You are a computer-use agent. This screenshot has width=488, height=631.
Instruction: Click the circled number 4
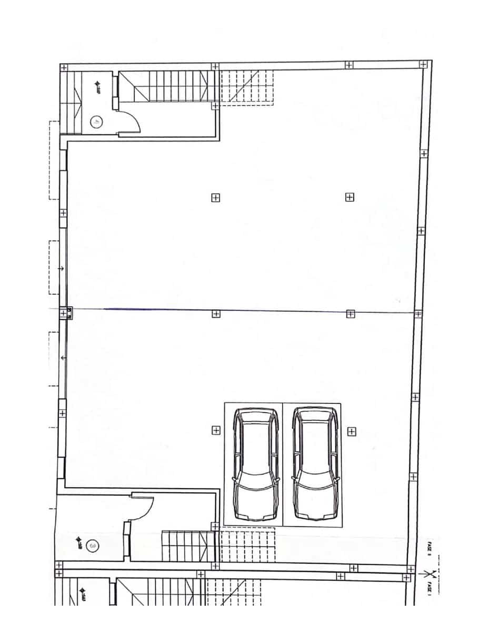(x=96, y=122)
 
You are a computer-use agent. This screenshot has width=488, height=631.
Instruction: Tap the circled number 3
(x=93, y=546)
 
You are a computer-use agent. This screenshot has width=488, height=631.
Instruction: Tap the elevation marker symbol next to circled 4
(x=98, y=85)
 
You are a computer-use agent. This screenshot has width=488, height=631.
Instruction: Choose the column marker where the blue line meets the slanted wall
(x=417, y=314)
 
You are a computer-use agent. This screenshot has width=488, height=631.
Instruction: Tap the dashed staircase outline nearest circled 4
(x=246, y=87)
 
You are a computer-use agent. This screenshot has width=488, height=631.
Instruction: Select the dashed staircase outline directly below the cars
(x=246, y=547)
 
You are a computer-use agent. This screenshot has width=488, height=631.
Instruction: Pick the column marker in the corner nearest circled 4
(x=64, y=67)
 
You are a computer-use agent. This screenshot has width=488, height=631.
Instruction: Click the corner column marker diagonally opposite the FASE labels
(x=64, y=67)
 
